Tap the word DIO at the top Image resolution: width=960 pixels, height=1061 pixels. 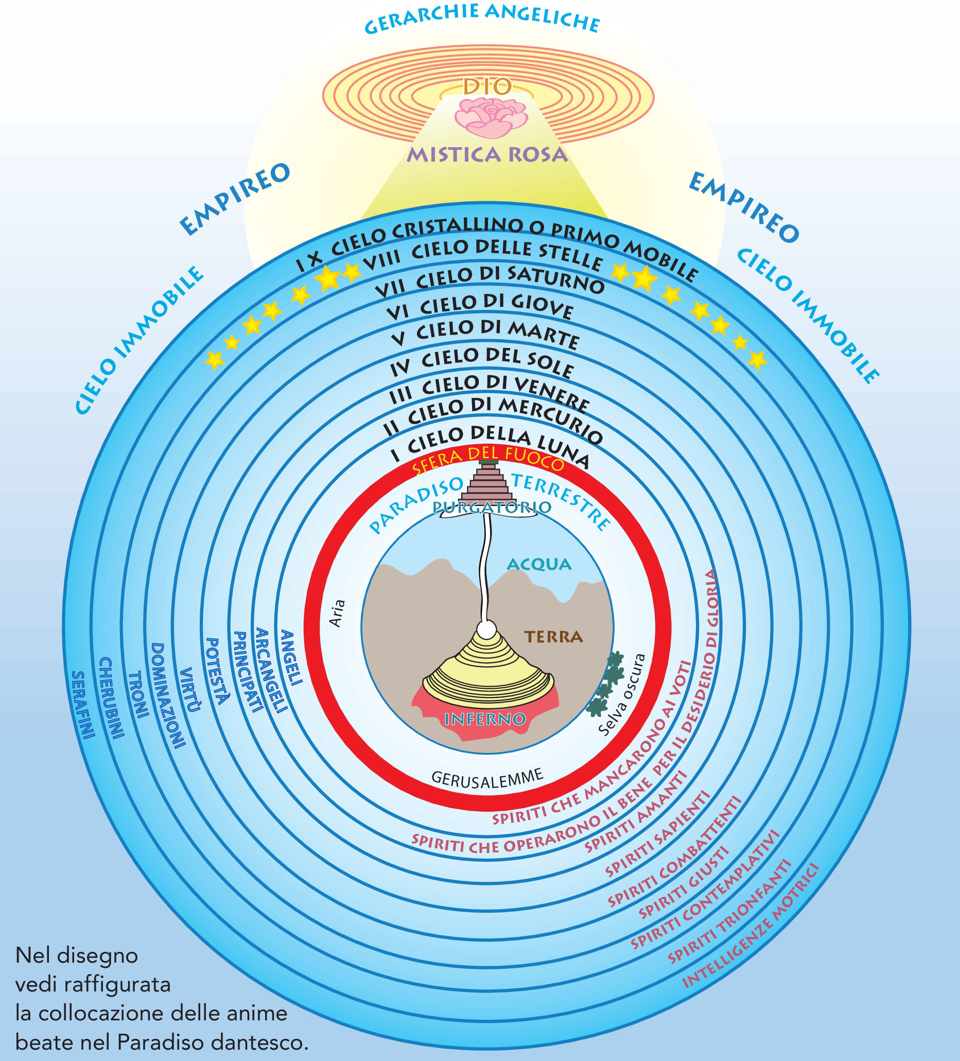click(487, 87)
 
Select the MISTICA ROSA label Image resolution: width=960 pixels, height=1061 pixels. click(487, 155)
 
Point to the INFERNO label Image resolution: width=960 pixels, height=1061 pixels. click(485, 719)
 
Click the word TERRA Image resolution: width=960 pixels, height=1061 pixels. click(554, 637)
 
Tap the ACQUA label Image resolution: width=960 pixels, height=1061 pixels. click(538, 565)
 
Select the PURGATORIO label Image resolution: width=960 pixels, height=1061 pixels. click(492, 508)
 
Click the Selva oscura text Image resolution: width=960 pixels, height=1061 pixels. click(622, 694)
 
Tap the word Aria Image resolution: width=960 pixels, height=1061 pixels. click(337, 613)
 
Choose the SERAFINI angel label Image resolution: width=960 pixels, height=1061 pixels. click(83, 705)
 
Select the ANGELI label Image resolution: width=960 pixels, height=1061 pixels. click(291, 658)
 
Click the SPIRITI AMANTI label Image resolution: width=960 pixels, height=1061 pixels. click(636, 812)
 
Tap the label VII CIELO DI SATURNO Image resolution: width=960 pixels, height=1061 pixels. click(490, 282)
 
